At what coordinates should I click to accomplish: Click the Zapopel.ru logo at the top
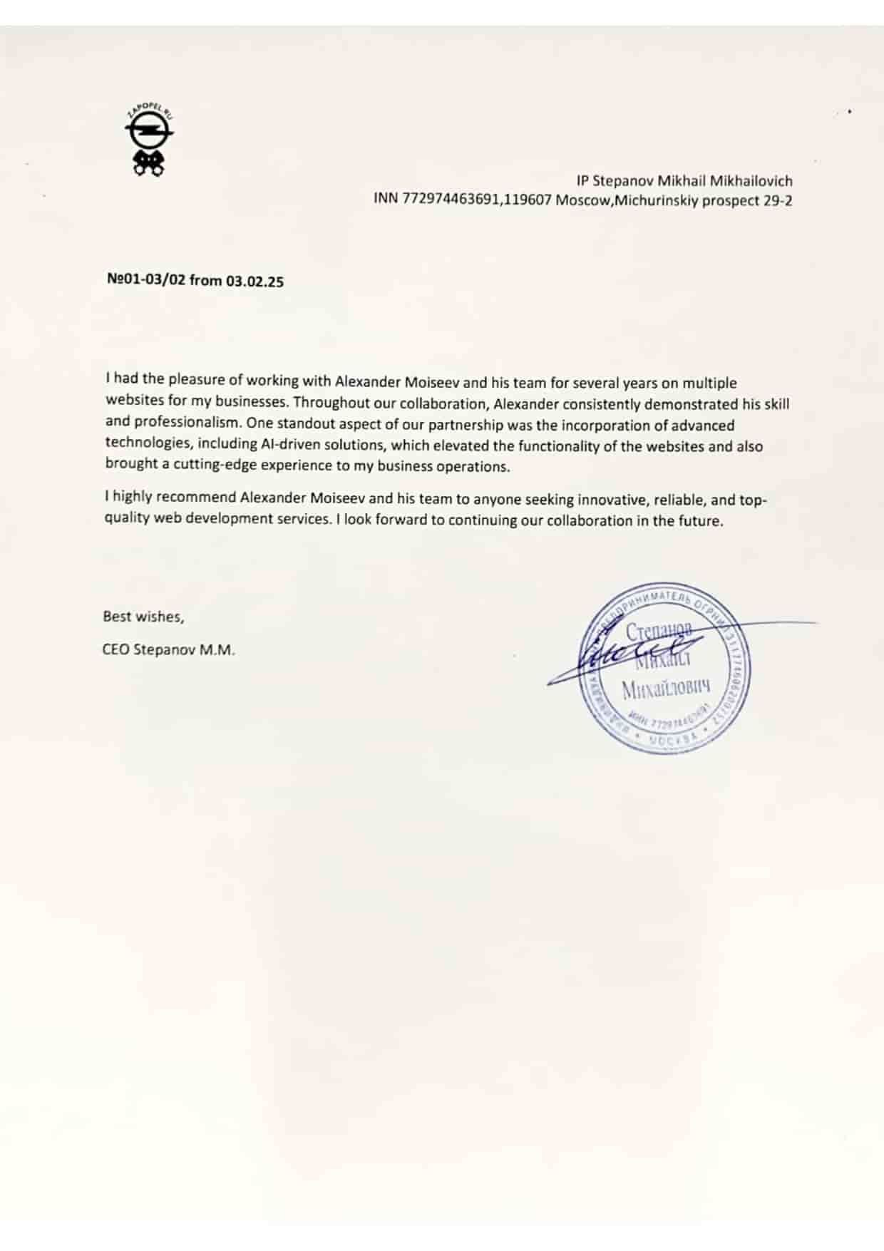(149, 142)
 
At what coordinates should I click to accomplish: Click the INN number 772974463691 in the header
(451, 200)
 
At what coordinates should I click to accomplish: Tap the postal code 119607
(528, 200)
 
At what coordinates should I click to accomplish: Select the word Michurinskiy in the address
(657, 200)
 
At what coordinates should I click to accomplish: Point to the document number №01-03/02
(146, 280)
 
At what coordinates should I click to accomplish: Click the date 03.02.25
(255, 282)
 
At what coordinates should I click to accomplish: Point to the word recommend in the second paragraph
(200, 498)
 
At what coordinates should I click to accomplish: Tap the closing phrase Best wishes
(143, 617)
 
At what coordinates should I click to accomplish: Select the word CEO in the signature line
(115, 651)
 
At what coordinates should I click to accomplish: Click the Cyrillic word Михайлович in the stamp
(667, 689)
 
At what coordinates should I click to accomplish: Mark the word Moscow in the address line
(580, 200)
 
